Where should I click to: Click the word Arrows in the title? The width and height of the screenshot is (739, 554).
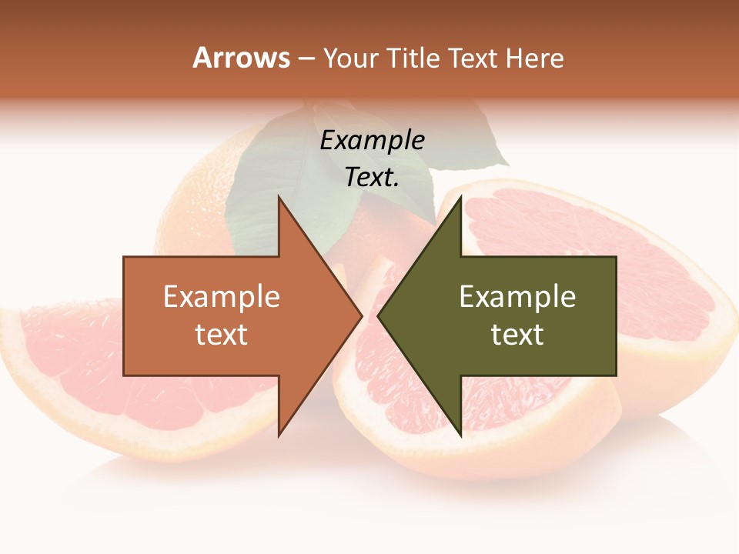242,58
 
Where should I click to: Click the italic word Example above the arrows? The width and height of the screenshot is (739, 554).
373,140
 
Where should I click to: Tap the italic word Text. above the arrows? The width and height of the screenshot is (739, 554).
373,178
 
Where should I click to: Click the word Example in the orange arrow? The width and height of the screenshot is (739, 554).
222,297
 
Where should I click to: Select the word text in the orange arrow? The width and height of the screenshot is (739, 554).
222,335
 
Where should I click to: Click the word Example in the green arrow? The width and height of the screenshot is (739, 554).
517,297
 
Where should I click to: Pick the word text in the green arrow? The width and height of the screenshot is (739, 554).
517,335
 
